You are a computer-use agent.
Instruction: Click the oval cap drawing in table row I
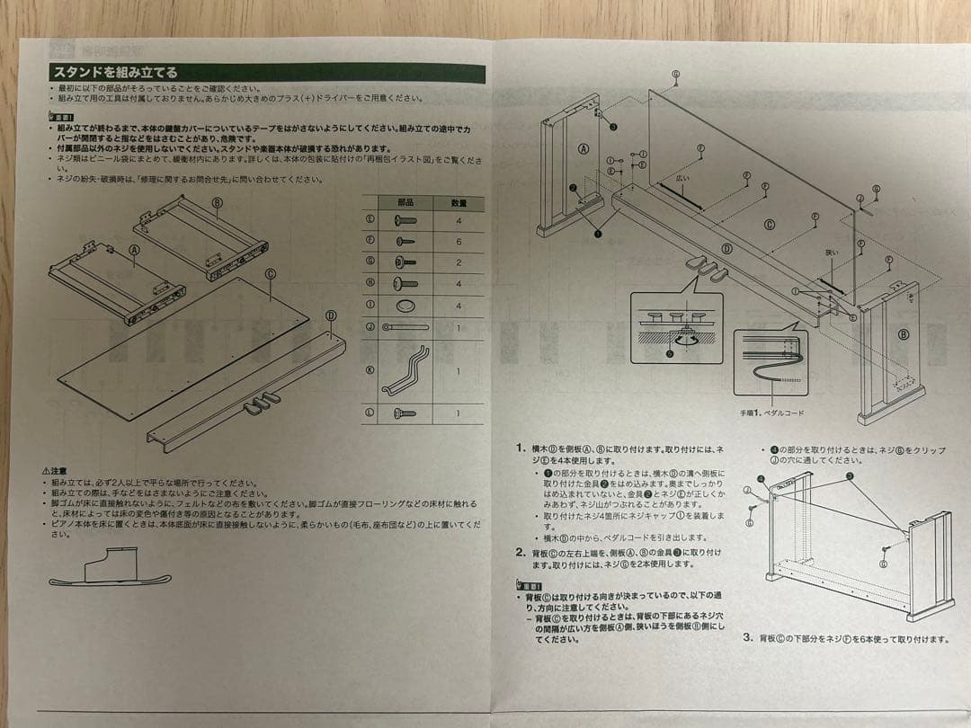pyautogui.click(x=405, y=306)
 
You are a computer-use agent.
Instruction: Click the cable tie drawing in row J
pyautogui.click(x=405, y=327)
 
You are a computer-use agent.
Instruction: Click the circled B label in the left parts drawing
pyautogui.click(x=217, y=202)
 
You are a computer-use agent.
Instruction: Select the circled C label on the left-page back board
pyautogui.click(x=270, y=273)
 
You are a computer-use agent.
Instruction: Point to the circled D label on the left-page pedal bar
pyautogui.click(x=331, y=315)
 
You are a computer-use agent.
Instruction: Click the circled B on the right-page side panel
pyautogui.click(x=903, y=334)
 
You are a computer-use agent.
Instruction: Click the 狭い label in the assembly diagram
pyautogui.click(x=831, y=253)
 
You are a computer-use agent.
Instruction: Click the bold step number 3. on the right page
pyautogui.click(x=748, y=637)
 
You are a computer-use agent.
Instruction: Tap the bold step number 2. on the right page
pyautogui.click(x=521, y=552)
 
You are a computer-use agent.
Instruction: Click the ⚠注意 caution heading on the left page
pyautogui.click(x=54, y=470)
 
